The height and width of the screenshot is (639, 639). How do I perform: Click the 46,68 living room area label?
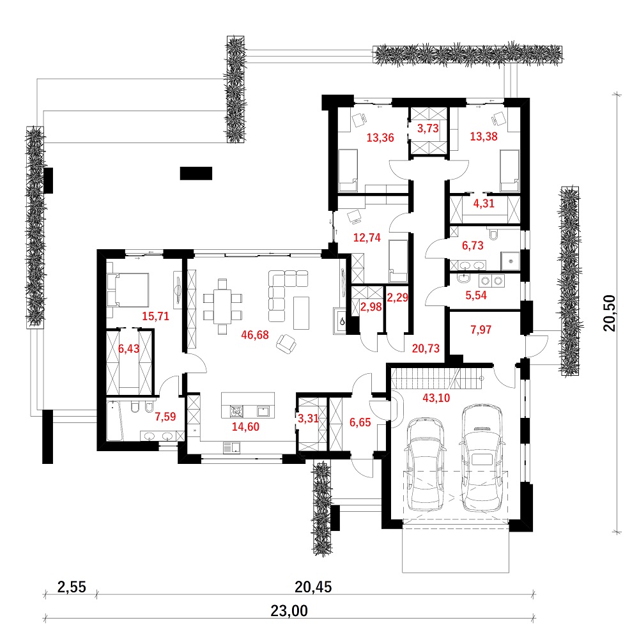point(255,335)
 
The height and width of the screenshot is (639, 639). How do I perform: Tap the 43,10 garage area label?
point(436,397)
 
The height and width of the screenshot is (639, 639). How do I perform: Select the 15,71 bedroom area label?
point(155,316)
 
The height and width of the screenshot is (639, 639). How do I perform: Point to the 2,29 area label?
point(397,298)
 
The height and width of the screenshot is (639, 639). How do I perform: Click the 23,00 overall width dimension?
point(289,611)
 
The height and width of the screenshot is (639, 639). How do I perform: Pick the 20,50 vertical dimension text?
point(610,313)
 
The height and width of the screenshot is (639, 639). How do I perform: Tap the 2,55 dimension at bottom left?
point(72,587)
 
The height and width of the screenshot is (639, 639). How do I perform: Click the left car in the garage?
point(426,463)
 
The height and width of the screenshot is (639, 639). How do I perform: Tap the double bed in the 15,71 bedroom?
point(127,289)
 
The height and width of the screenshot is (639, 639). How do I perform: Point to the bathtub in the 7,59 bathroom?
point(114,421)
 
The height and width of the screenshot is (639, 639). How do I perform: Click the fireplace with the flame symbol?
point(340,321)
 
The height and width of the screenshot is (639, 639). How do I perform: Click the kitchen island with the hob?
point(248,405)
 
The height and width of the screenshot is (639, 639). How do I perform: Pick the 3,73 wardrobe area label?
point(428,128)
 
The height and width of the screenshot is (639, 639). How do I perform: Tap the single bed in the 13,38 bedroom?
point(510,171)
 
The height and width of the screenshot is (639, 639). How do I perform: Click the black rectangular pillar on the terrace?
point(196,173)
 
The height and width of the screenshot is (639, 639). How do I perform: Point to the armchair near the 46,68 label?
point(286,344)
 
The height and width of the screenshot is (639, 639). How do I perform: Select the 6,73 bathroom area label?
point(473,245)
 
